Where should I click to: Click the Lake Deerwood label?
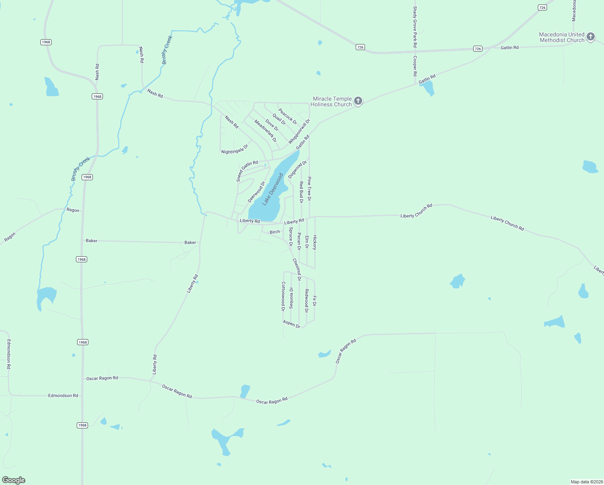(x=273, y=190)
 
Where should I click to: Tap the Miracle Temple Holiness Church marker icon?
(x=358, y=101)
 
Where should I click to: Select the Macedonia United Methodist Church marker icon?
(x=590, y=37)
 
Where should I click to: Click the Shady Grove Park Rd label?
(x=415, y=27)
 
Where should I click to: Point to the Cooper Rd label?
(x=415, y=66)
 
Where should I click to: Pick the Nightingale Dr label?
(x=235, y=149)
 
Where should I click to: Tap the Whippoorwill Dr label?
(x=299, y=131)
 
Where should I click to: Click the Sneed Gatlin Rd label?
(x=247, y=171)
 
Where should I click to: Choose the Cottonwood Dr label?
(x=283, y=296)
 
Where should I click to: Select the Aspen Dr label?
(x=292, y=324)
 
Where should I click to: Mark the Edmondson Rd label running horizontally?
(x=63, y=396)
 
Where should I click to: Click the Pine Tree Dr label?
(x=309, y=189)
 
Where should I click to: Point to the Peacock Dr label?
(x=287, y=117)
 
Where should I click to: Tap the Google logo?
(x=14, y=480)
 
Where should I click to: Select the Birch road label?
(x=275, y=232)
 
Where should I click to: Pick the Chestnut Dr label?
(x=297, y=270)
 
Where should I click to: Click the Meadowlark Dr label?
(x=265, y=131)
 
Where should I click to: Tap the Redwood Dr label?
(x=306, y=301)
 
